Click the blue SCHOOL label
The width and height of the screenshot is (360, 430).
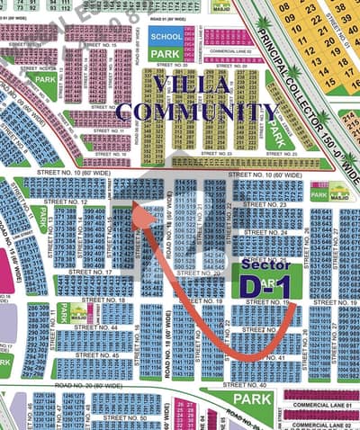coord(166,36)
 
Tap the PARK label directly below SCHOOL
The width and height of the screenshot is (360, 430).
coord(166,53)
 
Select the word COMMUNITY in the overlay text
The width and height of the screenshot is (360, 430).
coord(197,112)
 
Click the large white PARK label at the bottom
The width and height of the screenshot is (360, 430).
coord(253,398)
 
